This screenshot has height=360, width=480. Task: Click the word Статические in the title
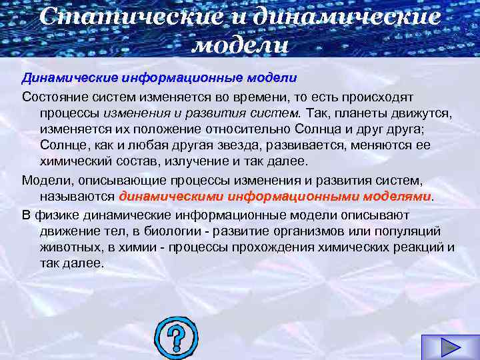[x=127, y=17]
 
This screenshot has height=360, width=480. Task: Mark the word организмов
[x=319, y=231]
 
